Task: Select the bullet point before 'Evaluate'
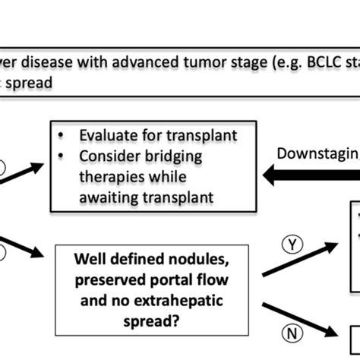(x=63, y=135)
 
